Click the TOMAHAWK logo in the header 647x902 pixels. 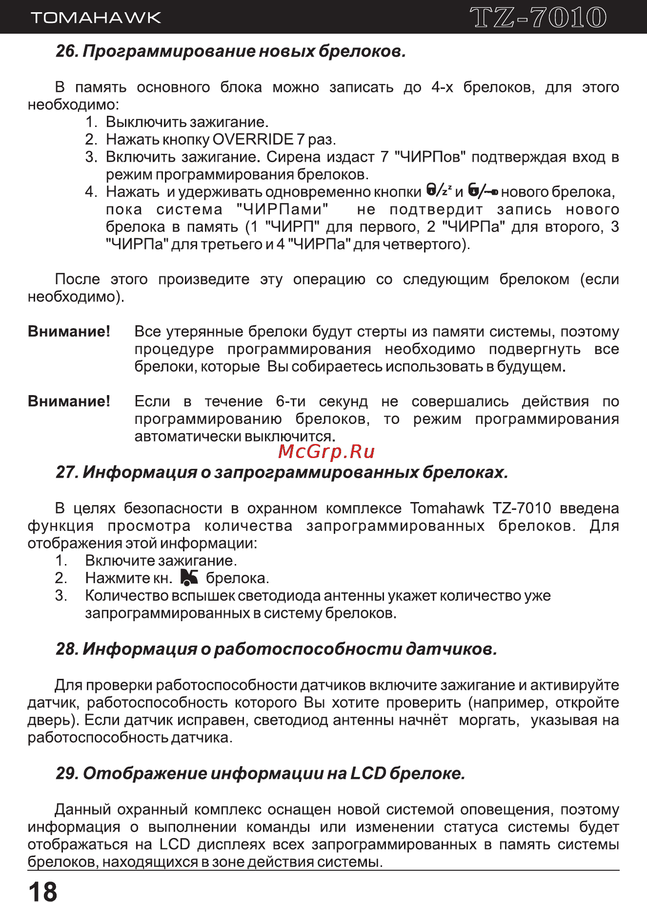pos(96,18)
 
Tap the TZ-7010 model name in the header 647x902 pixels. pos(539,18)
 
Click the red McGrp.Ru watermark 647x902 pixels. pos(326,452)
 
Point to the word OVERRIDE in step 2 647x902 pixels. pos(253,140)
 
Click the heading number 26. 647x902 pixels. pos(67,51)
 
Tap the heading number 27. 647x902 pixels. pos(67,472)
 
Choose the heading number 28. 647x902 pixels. pos(67,649)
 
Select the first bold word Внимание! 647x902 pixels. pos(69,332)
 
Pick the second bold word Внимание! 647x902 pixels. pos(69,401)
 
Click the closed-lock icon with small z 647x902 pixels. pos(439,190)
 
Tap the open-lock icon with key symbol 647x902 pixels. pos(483,190)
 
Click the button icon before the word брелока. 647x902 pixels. pos(189,577)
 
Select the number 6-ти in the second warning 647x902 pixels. pos(290,401)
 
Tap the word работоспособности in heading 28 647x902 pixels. pos(307,649)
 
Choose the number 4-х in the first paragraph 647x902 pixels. pos(442,87)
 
